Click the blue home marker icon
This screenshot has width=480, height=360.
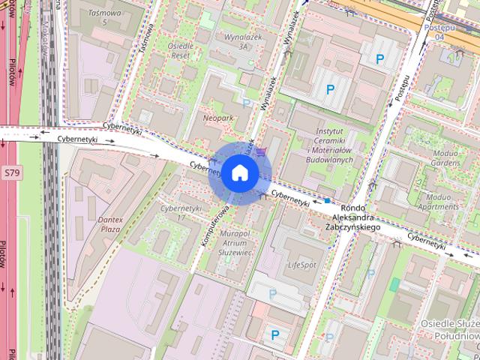tap(239, 172)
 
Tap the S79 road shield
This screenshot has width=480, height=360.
tap(10, 172)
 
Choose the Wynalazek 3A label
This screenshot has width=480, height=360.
tap(232, 40)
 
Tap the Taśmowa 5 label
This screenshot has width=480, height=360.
tap(104, 17)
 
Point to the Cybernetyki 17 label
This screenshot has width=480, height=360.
tap(182, 212)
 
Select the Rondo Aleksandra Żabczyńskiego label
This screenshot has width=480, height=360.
tap(352, 217)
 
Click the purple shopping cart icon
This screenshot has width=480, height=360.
tap(260, 152)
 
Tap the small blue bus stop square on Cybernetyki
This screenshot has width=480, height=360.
tap(327, 201)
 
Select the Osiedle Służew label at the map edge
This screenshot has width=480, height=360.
tap(449, 328)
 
